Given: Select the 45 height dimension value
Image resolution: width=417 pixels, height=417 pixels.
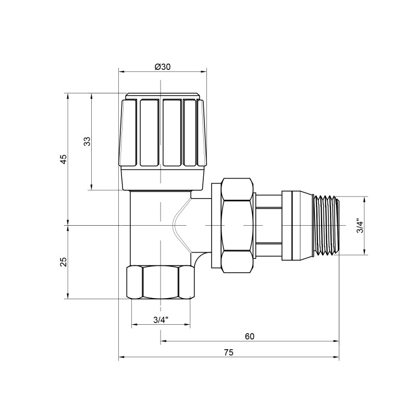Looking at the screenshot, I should [x=63, y=160].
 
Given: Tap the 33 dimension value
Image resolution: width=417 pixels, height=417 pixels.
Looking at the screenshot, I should [x=87, y=141].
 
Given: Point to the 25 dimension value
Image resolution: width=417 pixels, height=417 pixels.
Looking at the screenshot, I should [x=63, y=262].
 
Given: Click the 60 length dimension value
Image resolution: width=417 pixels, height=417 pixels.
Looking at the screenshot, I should [x=249, y=336].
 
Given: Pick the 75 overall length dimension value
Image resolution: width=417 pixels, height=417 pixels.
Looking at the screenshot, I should [x=228, y=352].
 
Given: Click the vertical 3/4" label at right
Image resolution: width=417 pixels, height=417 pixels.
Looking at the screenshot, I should [x=358, y=226].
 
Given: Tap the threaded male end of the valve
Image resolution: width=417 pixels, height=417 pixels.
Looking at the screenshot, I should [x=326, y=226].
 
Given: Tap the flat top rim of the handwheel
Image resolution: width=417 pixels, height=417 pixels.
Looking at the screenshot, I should [x=163, y=96].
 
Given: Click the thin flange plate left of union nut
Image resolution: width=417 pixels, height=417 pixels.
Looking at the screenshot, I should [x=215, y=225].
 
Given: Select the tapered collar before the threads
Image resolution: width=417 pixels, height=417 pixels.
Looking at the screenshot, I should [x=298, y=226].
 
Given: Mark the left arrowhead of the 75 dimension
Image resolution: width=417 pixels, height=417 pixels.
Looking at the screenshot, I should [x=121, y=358].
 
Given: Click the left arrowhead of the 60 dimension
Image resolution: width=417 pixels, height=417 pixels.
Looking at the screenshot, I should [x=163, y=342].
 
